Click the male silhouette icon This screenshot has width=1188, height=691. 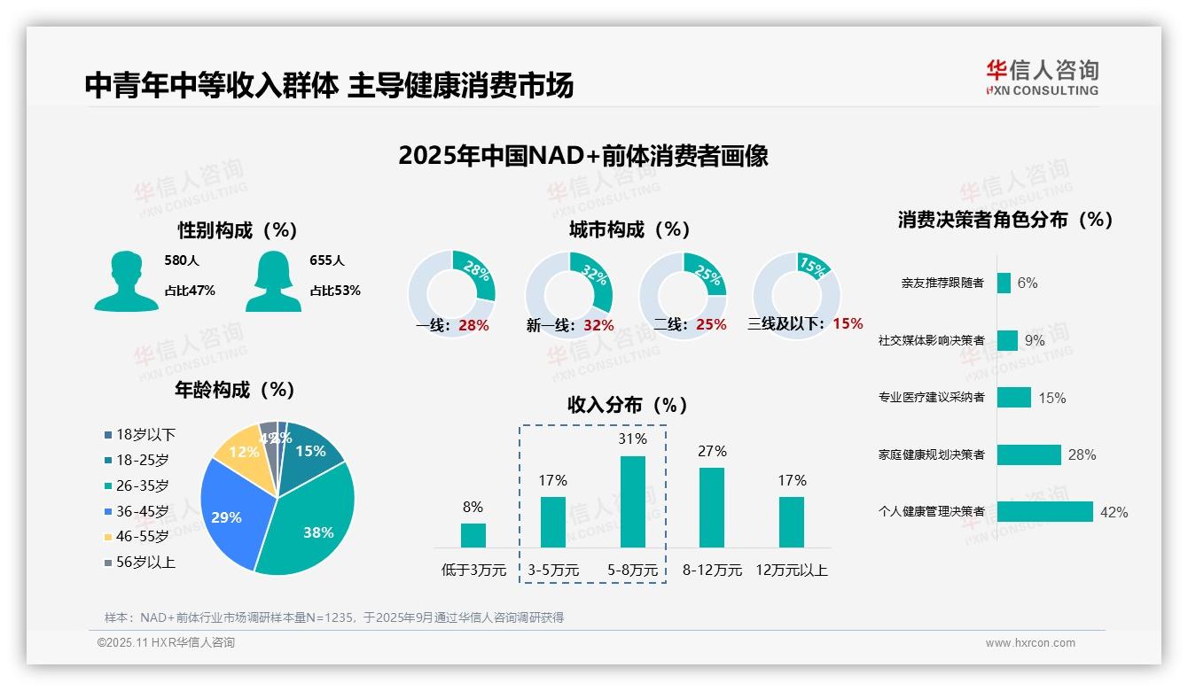click(126, 281)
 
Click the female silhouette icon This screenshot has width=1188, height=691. click(273, 281)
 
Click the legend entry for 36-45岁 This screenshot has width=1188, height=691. click(142, 511)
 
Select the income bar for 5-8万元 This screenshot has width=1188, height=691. click(632, 501)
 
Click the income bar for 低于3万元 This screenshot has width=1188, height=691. click(473, 535)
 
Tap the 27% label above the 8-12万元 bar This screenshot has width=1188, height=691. click(712, 452)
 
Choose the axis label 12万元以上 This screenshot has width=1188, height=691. click(792, 571)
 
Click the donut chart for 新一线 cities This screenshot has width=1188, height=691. click(569, 295)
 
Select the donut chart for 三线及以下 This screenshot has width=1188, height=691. click(796, 295)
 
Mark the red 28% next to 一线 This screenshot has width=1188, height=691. click(473, 325)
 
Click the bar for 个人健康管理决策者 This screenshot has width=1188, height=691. click(1044, 511)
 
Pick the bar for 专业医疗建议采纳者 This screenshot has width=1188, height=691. click(1013, 397)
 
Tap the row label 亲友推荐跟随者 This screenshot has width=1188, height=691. click(942, 283)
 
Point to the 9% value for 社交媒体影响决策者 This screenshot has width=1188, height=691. click(1035, 340)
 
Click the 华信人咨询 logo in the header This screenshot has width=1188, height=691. click(1043, 77)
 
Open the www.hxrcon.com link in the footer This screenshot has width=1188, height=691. click(1030, 643)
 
